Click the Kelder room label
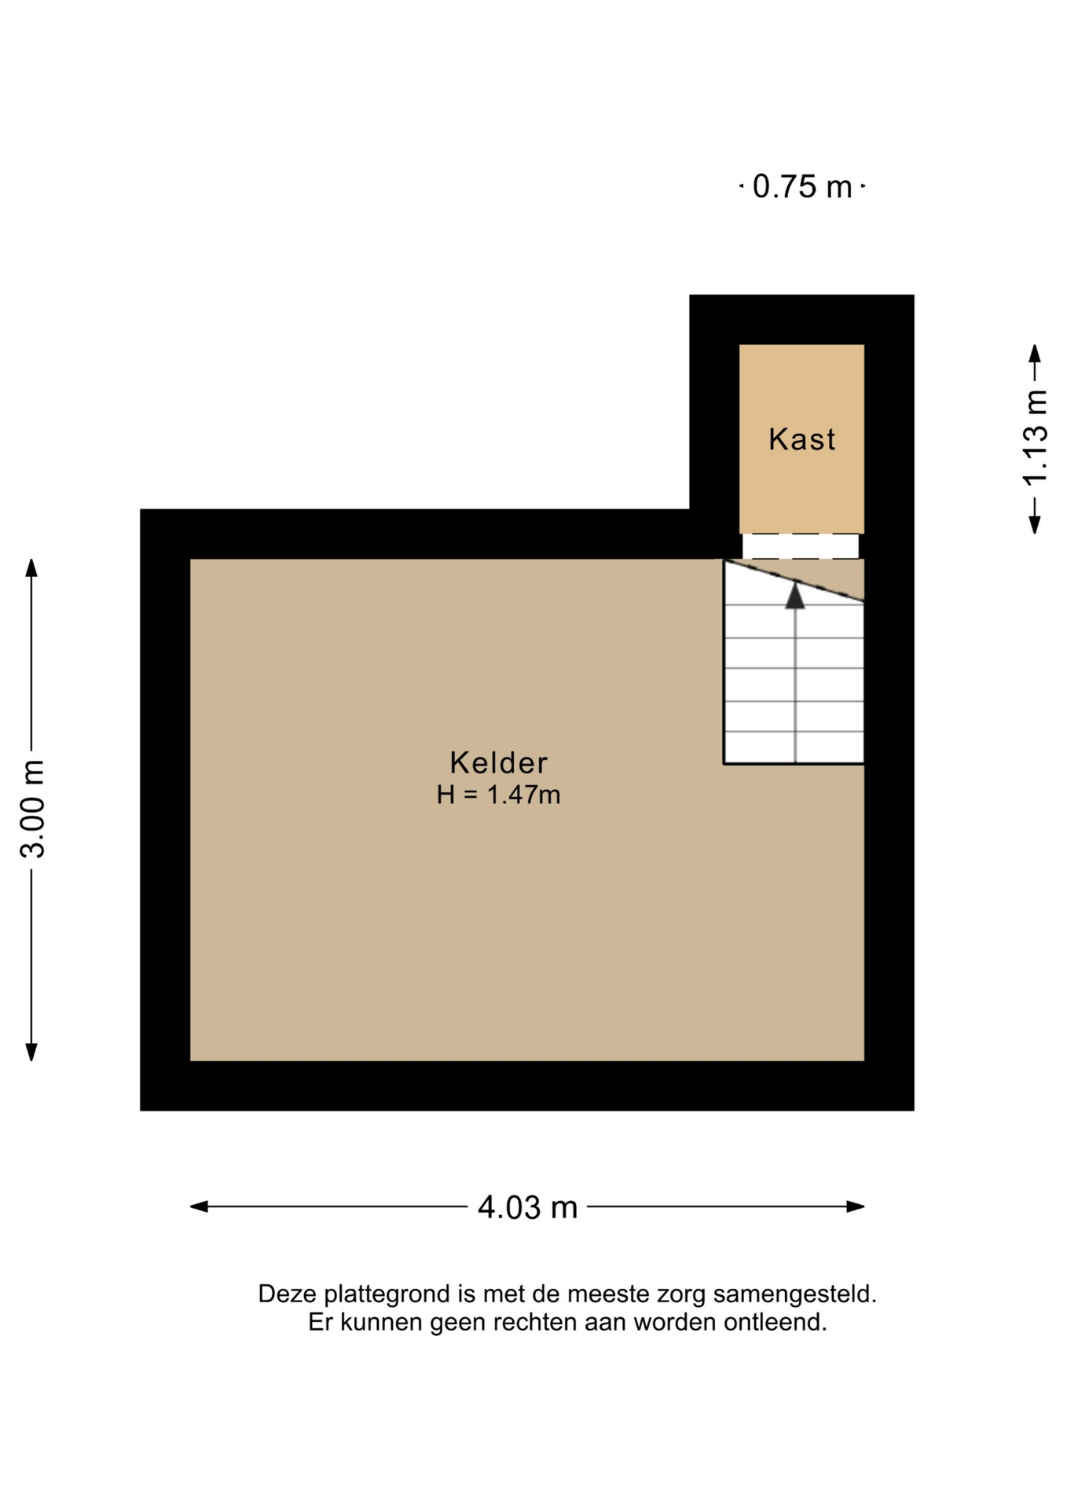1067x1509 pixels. (x=498, y=762)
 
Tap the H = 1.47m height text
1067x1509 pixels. (x=498, y=795)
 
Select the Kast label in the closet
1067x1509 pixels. (x=801, y=439)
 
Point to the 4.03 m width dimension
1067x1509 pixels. (x=527, y=1206)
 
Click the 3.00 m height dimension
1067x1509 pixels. (x=33, y=809)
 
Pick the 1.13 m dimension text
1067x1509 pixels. (x=1035, y=438)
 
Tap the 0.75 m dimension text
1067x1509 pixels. (x=802, y=186)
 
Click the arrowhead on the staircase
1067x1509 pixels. (x=795, y=595)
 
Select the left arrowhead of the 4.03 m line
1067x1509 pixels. (x=199, y=1206)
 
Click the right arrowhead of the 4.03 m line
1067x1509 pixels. (x=856, y=1206)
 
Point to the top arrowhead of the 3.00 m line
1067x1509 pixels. (x=31, y=567)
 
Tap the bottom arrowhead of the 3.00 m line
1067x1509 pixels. (x=31, y=1052)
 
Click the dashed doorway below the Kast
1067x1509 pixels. (x=801, y=546)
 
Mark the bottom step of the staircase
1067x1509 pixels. (x=794, y=747)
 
